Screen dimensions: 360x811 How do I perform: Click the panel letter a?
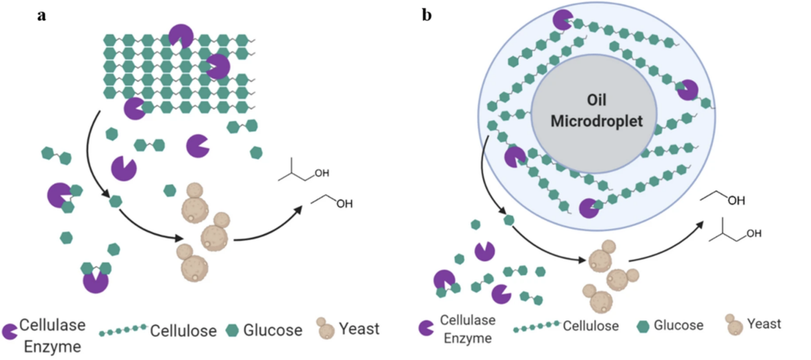click(41, 15)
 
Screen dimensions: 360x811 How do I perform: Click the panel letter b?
click(427, 15)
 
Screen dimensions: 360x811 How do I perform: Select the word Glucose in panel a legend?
click(273, 330)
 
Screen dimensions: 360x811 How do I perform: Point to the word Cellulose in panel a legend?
click(183, 331)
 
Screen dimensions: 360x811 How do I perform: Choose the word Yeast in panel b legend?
click(764, 324)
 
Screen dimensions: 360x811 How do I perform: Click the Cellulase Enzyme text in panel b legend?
click(467, 328)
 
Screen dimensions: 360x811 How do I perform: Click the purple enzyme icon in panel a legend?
click(10, 331)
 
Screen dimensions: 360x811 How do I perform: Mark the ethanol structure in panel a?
click(332, 201)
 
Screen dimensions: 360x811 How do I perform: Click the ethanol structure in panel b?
click(723, 198)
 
